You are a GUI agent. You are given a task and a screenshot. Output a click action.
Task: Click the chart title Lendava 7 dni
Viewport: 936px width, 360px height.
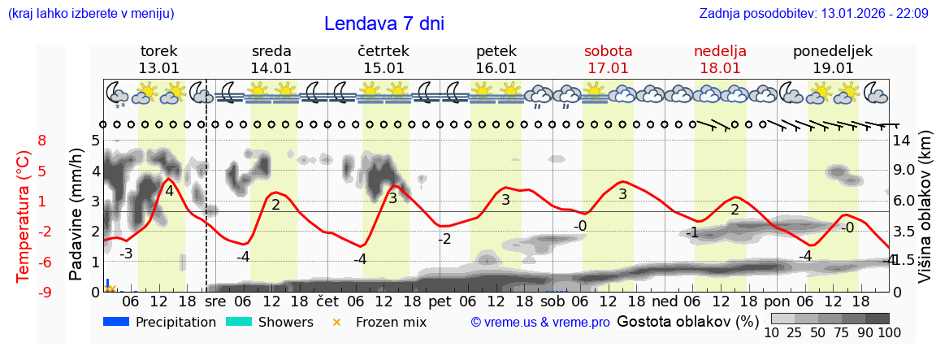[x=383, y=24]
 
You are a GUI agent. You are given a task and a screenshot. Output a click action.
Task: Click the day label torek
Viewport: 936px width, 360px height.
[x=158, y=50]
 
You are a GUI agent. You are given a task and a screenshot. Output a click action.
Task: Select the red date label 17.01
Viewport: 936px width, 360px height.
[x=608, y=68]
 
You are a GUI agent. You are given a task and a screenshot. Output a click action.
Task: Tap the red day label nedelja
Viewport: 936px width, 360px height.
[x=720, y=50]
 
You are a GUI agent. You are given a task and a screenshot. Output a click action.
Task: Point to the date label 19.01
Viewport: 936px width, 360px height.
[x=833, y=68]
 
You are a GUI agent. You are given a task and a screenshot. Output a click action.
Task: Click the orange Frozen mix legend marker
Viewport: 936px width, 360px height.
[x=337, y=322]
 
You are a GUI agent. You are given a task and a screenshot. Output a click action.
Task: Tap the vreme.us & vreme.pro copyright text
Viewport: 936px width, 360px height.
[x=540, y=322]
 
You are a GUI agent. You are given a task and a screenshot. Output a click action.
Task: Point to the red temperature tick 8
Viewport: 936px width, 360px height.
[x=42, y=141]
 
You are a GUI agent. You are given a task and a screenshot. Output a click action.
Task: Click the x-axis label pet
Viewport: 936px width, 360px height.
[x=440, y=301]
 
